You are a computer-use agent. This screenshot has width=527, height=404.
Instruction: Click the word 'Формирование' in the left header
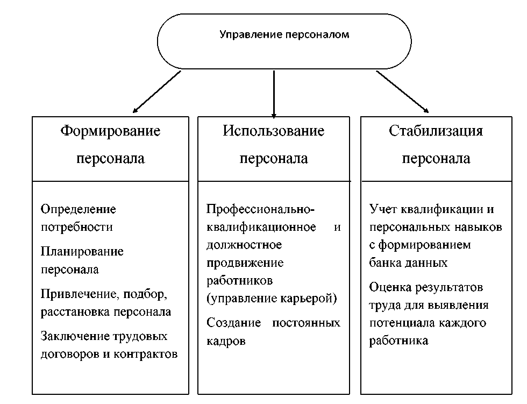tap(110, 131)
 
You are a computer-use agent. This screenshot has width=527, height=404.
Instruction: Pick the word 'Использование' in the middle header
tap(274, 131)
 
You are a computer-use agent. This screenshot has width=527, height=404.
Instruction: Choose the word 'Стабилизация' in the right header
tap(436, 131)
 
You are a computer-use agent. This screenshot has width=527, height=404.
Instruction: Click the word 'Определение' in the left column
tap(79, 209)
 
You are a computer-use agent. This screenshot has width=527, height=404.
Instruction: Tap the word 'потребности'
tap(77, 226)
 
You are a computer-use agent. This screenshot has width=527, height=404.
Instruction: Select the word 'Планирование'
tap(82, 251)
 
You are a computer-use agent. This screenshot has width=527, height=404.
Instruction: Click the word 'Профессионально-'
tap(261, 209)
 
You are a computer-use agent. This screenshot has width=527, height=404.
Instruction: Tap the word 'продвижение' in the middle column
tap(245, 263)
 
